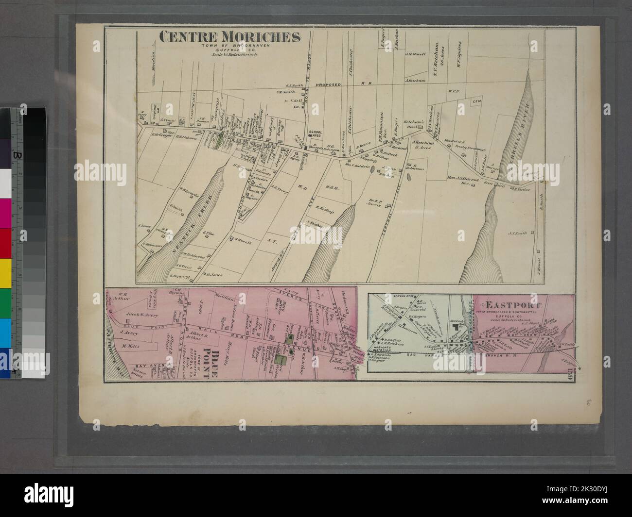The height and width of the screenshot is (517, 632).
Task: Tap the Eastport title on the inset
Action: [x=507, y=306]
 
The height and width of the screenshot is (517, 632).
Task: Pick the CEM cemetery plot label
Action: [x=476, y=102]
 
